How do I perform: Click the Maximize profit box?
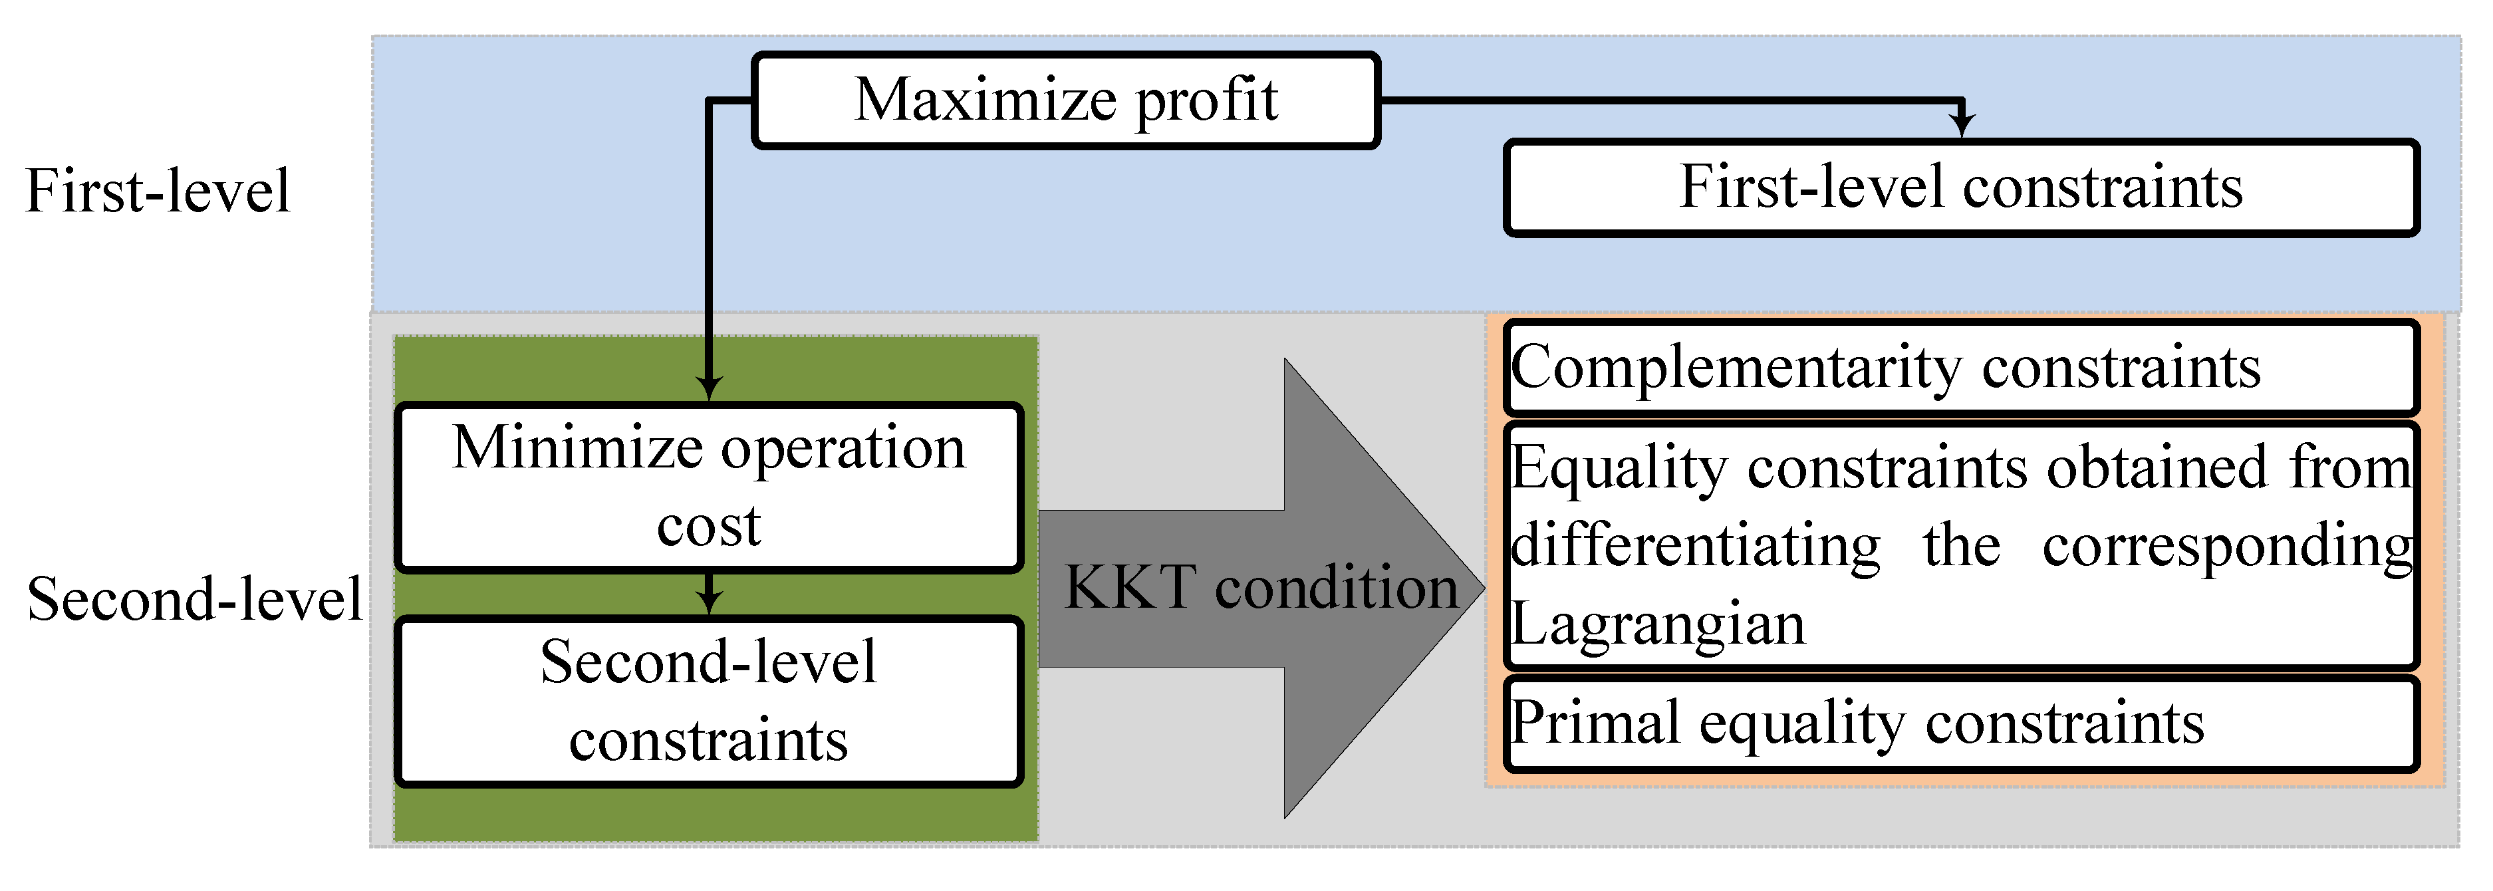pyautogui.click(x=1065, y=100)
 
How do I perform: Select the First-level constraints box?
pyautogui.click(x=1961, y=188)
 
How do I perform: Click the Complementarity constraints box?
pyautogui.click(x=1961, y=368)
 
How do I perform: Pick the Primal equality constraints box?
pyautogui.click(x=1961, y=723)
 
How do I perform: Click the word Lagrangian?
pyautogui.click(x=1658, y=624)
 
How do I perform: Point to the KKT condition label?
pyautogui.click(x=1260, y=587)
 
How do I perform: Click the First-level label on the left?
pyautogui.click(x=157, y=191)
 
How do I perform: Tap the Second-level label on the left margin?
pyautogui.click(x=194, y=600)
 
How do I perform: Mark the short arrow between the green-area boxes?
pyautogui.click(x=710, y=594)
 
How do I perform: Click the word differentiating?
pyautogui.click(x=1696, y=546)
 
